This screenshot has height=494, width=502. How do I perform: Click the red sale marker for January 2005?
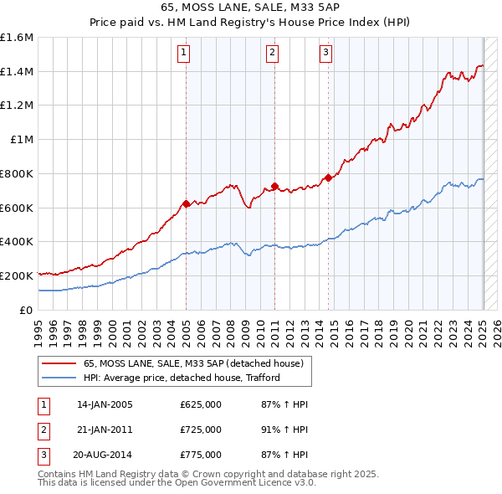pyautogui.click(x=186, y=203)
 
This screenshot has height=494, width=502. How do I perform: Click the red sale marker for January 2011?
pyautogui.click(x=274, y=186)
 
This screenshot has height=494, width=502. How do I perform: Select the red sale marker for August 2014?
pyautogui.click(x=328, y=178)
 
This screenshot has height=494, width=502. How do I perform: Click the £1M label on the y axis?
pyautogui.click(x=22, y=140)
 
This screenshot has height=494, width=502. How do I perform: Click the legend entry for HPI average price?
pyautogui.click(x=181, y=378)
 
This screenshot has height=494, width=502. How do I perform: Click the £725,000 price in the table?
pyautogui.click(x=201, y=430)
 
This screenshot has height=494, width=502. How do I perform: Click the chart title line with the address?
pyautogui.click(x=250, y=10)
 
